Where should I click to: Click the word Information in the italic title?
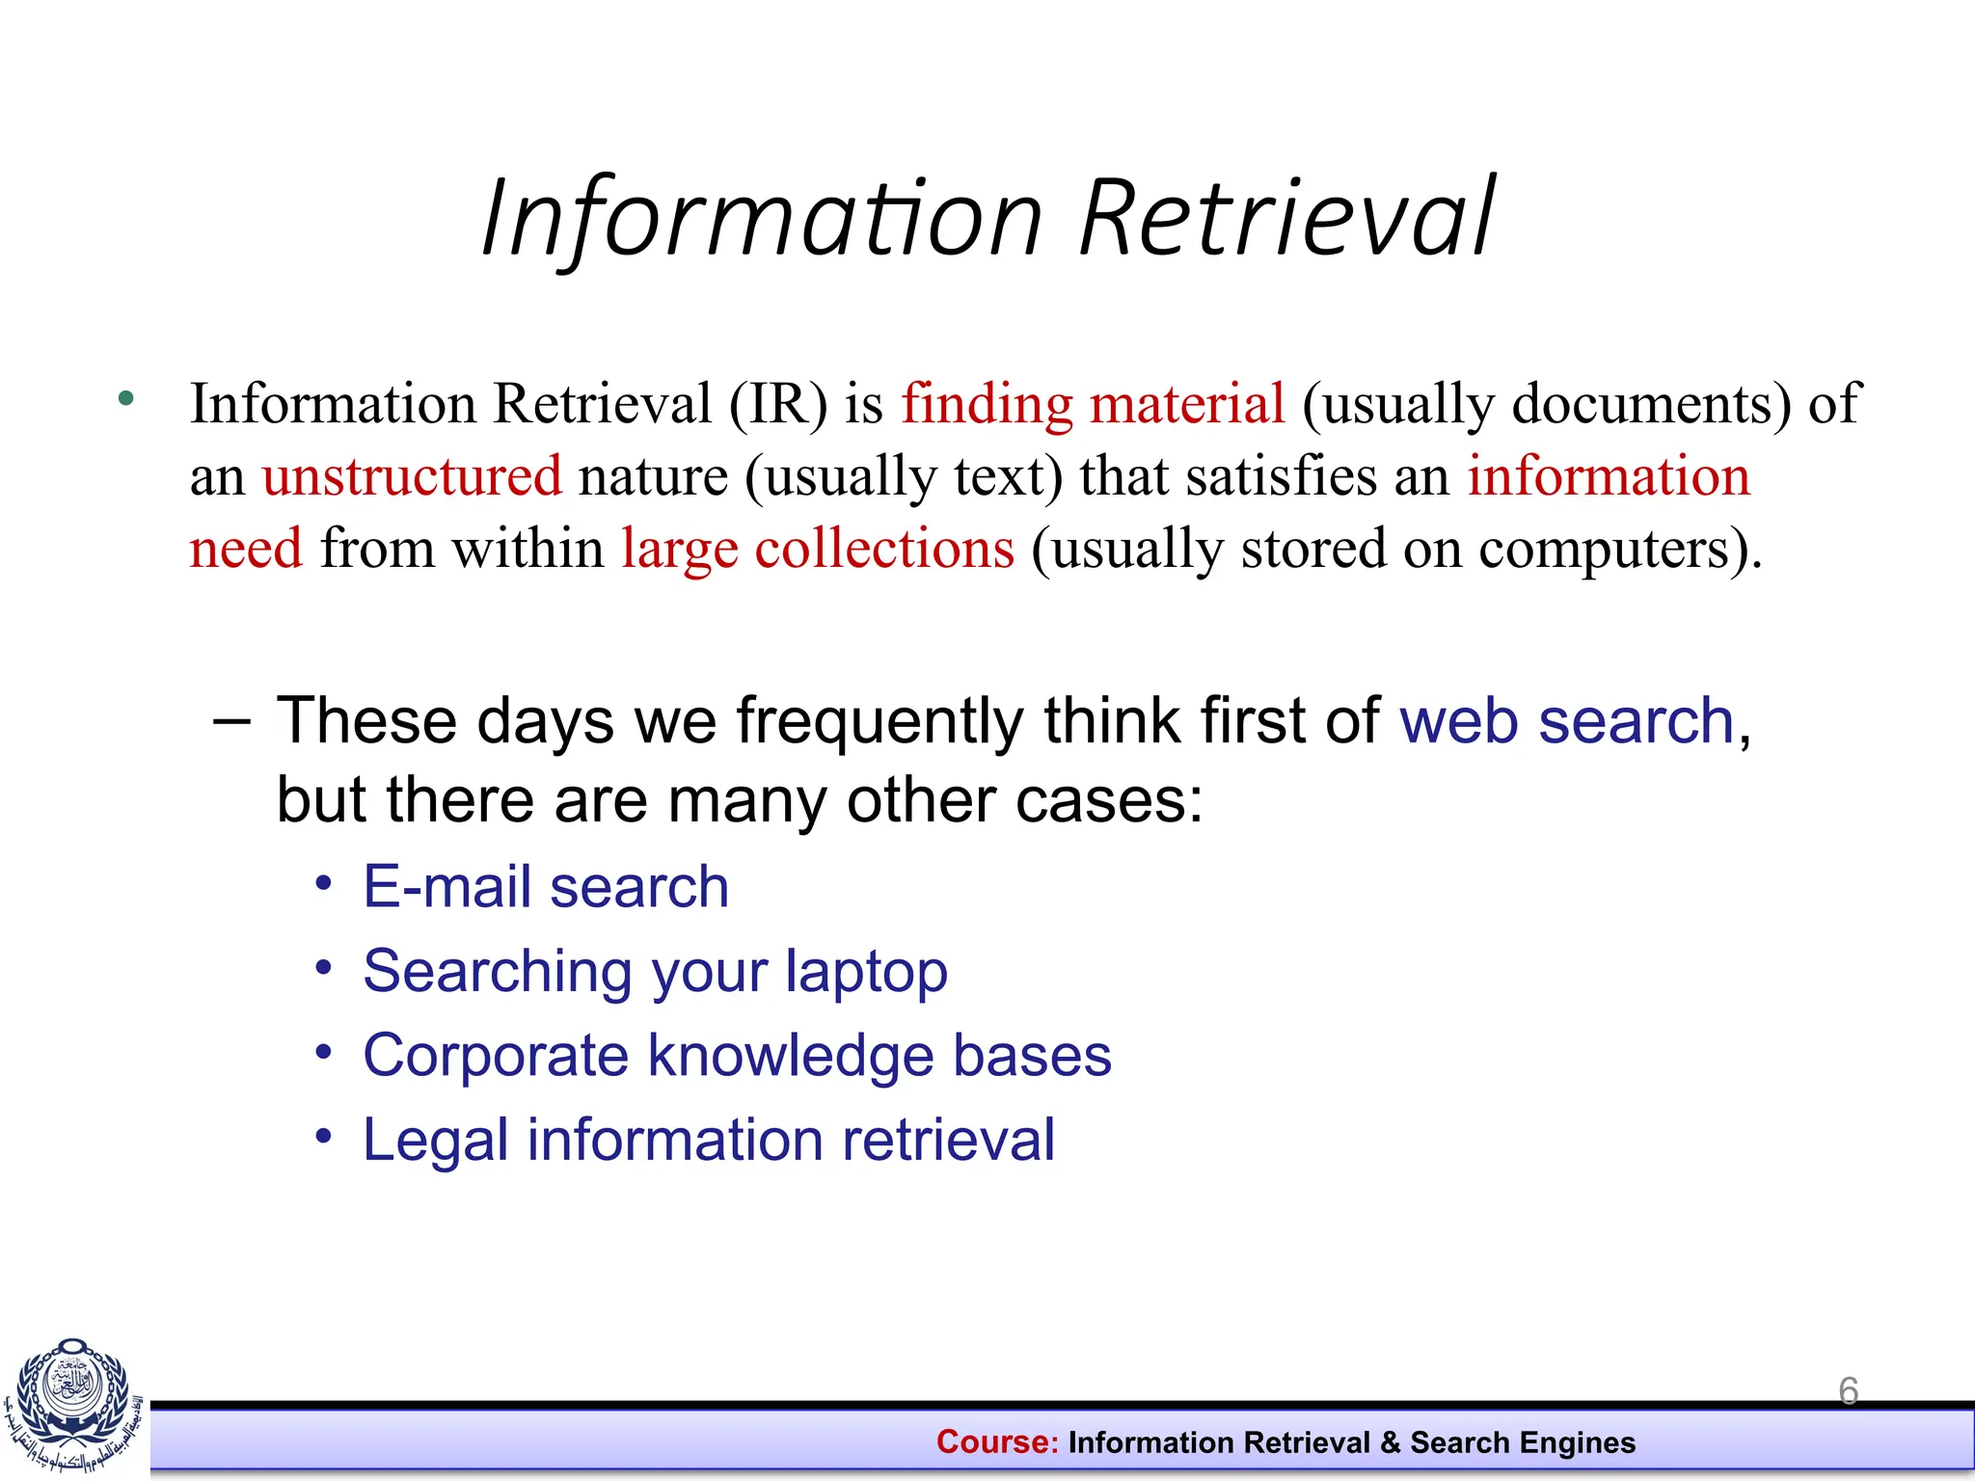tap(762, 220)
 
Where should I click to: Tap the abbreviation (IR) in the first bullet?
tap(778, 403)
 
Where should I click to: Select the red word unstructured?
tap(412, 476)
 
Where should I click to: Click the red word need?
tap(246, 549)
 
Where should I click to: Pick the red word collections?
tap(884, 549)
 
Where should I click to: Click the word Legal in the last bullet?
tap(435, 1141)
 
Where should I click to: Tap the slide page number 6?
tap(1849, 1391)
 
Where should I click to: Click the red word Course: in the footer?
tap(997, 1442)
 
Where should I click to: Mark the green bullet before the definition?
tap(125, 397)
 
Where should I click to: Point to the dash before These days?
tap(231, 721)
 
